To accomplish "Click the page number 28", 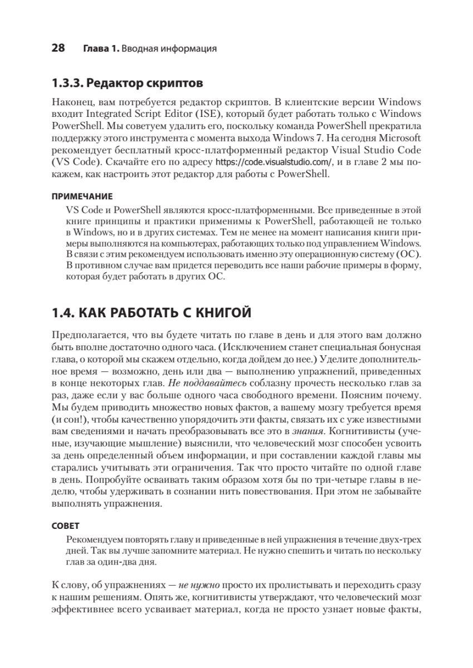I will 58,48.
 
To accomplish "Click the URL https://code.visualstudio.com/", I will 274,163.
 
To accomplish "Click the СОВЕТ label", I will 66,525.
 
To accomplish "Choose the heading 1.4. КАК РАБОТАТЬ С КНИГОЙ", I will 151,313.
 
